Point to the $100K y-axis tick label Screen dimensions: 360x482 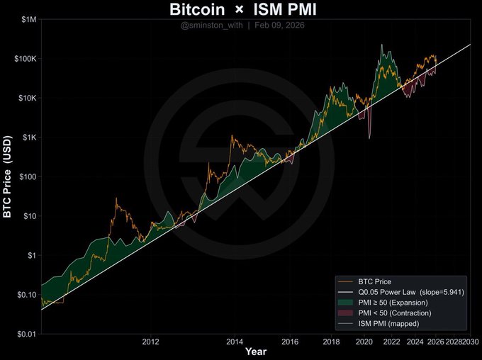pos(24,59)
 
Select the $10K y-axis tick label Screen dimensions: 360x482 pos(26,98)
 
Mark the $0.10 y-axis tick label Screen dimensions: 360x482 pos(26,294)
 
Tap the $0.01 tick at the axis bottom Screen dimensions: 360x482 pos(26,333)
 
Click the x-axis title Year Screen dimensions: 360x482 pos(256,351)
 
